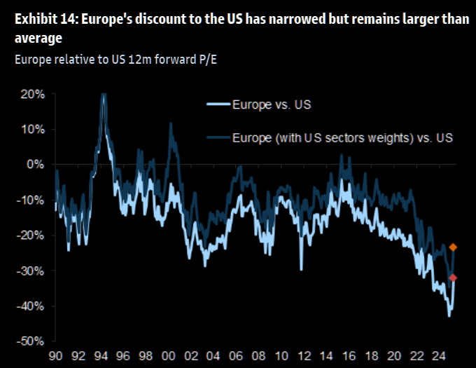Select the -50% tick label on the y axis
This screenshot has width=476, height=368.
pyautogui.click(x=32, y=341)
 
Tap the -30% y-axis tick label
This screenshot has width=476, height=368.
pyautogui.click(x=32, y=271)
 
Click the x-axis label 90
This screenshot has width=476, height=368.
pyautogui.click(x=56, y=355)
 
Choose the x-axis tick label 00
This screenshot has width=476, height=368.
pyautogui.click(x=169, y=355)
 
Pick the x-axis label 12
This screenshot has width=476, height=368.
pyautogui.click(x=303, y=355)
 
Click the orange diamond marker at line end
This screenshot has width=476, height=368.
pyautogui.click(x=454, y=247)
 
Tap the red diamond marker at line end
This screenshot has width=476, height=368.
pyautogui.click(x=453, y=278)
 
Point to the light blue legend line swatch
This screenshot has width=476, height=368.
pyautogui.click(x=223, y=105)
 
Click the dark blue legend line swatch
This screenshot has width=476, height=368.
pyautogui.click(x=223, y=137)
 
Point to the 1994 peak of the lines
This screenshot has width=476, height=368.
pyautogui.click(x=104, y=95)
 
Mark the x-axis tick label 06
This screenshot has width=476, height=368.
pyautogui.click(x=236, y=355)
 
